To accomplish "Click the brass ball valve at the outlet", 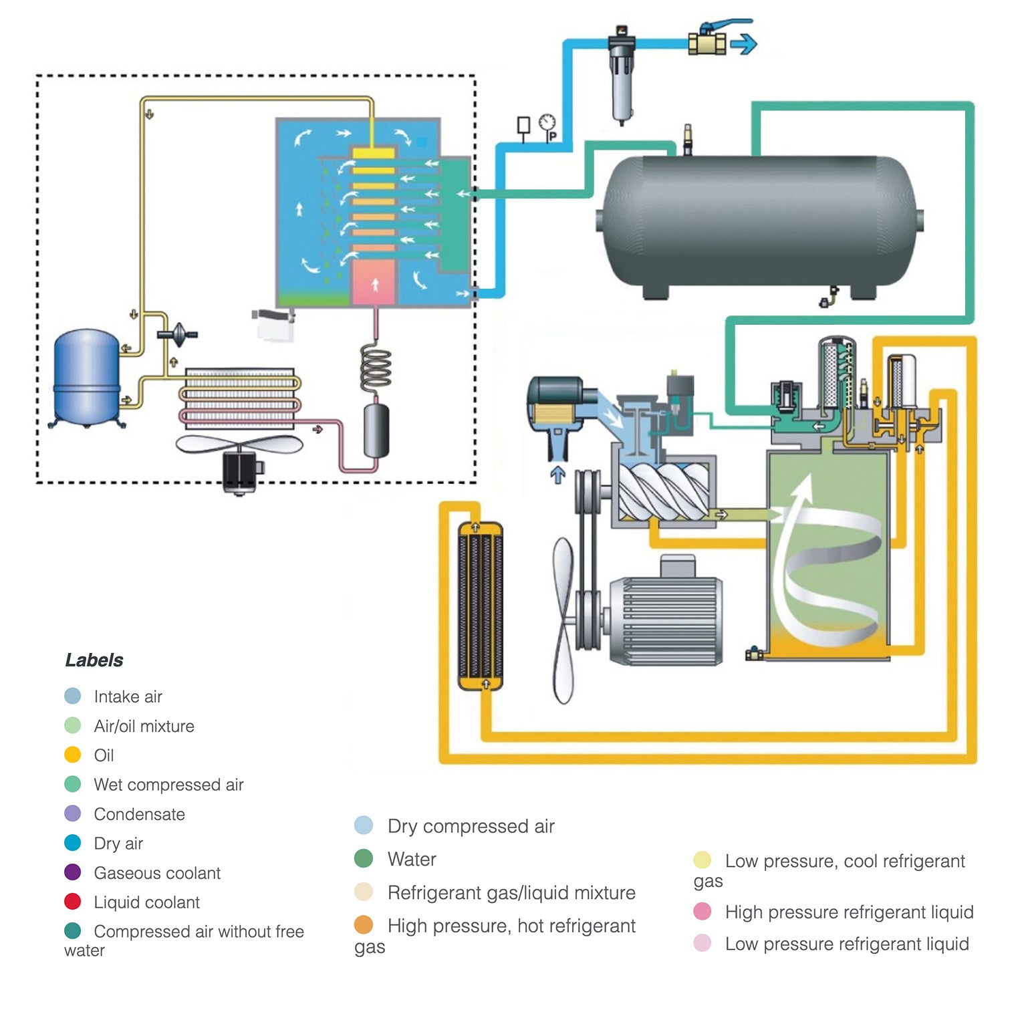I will coord(707,43).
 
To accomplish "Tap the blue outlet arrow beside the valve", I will coord(743,45).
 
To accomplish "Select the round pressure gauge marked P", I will coord(547,124).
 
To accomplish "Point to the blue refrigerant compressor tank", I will coord(86,376).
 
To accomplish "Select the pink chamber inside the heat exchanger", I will coord(374,282).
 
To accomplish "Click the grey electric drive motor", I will coord(665,619).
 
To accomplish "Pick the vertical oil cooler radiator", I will coord(480,607).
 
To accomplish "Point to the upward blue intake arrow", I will coord(557,475).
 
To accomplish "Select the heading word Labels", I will coord(94,660).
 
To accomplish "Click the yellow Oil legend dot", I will coord(72,755).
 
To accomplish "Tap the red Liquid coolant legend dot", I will coord(72,902).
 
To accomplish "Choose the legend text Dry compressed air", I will coord(471,826).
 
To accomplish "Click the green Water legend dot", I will coord(364,858).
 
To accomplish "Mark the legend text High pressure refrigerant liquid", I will coord(849,912).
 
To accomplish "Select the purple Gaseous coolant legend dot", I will coord(72,872).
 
